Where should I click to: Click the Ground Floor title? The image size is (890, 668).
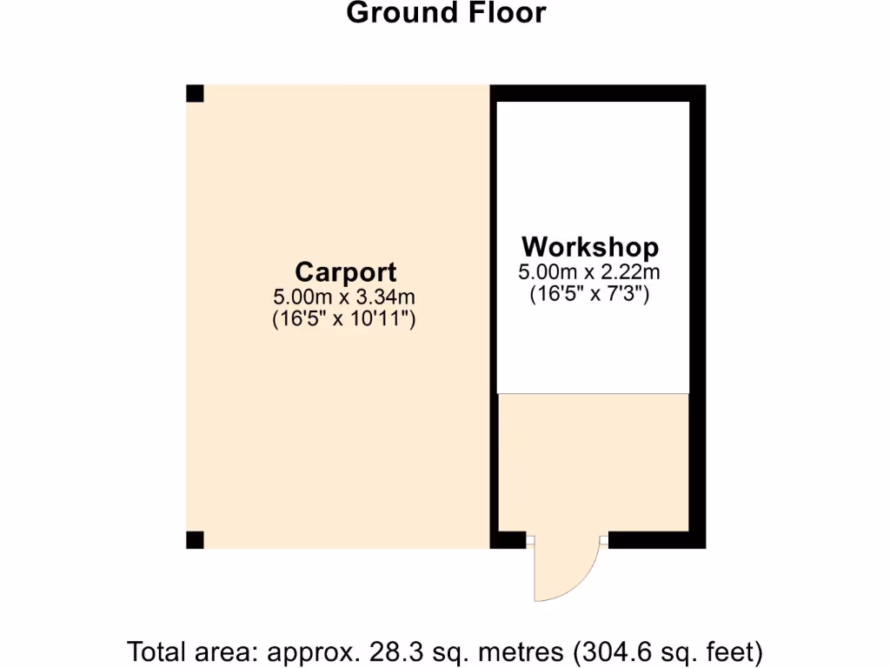click(446, 13)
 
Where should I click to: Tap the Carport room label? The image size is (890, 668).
click(345, 272)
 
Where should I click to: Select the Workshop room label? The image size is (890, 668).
click(590, 246)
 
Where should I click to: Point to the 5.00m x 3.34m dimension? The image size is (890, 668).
click(344, 297)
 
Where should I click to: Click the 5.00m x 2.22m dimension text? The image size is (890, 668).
click(590, 271)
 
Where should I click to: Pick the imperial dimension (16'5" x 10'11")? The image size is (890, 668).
click(344, 319)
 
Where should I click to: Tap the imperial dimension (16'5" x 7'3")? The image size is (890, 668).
click(590, 294)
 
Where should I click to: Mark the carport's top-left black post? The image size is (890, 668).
click(195, 93)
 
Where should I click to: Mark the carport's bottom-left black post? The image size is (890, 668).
click(195, 540)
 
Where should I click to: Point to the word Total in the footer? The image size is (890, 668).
click(156, 651)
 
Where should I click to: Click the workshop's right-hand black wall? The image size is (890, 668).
click(697, 313)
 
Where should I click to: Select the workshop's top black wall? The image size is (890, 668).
click(598, 93)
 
